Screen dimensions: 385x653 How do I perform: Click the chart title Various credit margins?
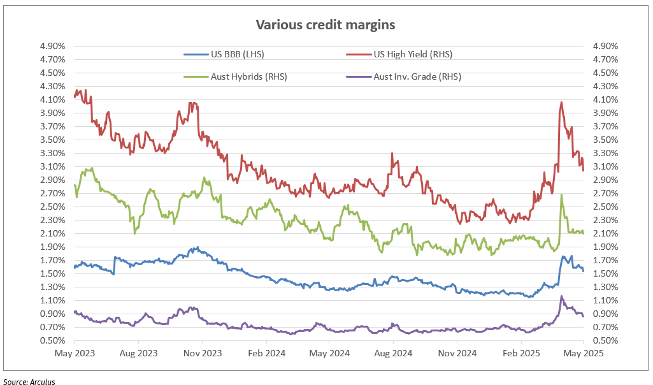(x=326, y=25)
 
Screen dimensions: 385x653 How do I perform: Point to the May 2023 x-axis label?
(x=74, y=352)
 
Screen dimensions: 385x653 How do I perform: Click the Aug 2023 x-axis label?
(x=138, y=352)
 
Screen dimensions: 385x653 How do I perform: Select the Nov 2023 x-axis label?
(x=202, y=352)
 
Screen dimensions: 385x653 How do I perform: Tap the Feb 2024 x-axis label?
(x=266, y=352)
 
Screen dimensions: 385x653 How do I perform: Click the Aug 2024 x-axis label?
(x=393, y=352)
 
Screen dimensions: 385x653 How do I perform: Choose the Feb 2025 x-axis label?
(x=520, y=352)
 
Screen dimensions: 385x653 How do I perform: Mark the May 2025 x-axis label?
(x=584, y=352)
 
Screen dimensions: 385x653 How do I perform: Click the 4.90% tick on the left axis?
(x=54, y=46)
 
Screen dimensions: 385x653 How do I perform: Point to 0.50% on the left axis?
(x=54, y=340)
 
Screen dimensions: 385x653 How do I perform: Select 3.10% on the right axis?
(x=605, y=166)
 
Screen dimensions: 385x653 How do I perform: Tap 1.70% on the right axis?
(x=605, y=260)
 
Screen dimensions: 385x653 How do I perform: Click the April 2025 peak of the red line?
(x=561, y=102)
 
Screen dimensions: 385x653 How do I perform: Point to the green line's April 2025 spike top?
(x=561, y=195)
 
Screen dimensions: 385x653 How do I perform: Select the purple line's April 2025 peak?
(x=561, y=296)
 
